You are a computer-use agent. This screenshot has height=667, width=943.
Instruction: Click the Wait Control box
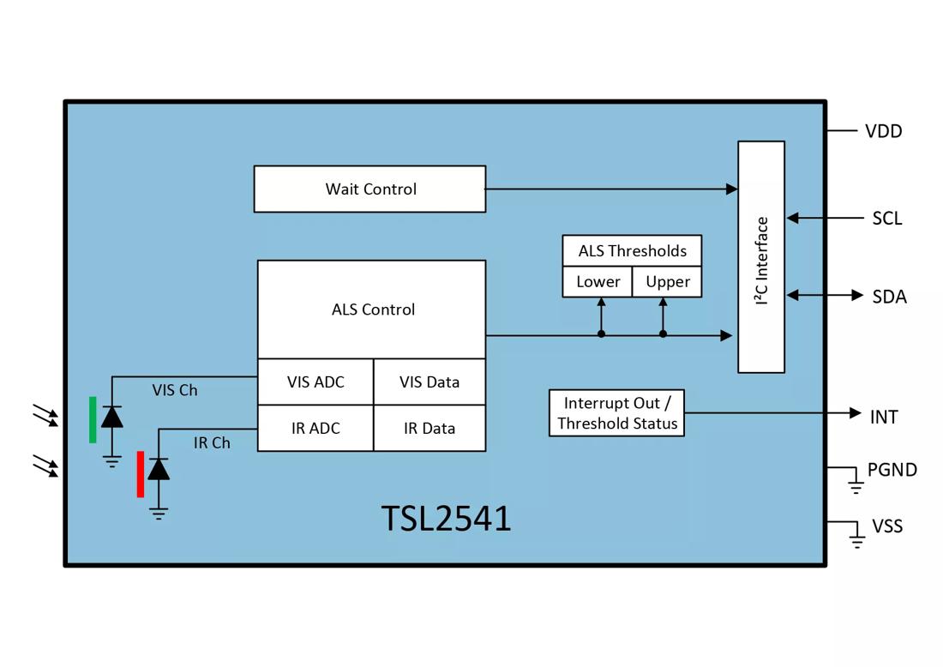point(369,189)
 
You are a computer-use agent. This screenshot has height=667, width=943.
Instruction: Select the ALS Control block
point(372,309)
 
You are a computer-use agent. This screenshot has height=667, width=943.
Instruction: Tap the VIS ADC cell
point(315,382)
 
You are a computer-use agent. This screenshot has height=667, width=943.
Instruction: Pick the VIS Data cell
point(429,382)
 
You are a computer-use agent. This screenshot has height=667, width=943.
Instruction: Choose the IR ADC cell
point(315,429)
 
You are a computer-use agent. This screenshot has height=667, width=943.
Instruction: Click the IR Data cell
point(429,429)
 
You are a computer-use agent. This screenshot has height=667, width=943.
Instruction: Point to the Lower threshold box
point(598,282)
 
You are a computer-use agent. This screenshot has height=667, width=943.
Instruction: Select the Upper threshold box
point(668,282)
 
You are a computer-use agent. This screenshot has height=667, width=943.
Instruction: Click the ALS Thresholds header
point(632,250)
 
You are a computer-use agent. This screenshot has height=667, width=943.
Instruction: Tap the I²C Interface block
point(761,257)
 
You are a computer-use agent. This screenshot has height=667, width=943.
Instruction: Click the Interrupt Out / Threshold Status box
point(616,413)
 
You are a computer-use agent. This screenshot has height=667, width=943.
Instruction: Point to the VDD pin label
point(883,131)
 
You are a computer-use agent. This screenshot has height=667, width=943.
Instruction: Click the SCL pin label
point(886,219)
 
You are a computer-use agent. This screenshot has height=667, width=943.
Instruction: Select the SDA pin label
point(889,297)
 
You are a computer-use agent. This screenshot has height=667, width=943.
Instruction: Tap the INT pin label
point(884,418)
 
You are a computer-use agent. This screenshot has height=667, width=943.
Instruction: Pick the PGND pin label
point(892,470)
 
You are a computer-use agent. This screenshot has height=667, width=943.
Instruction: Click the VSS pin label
point(887,526)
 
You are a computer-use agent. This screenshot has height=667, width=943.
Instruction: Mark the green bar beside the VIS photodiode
point(93,420)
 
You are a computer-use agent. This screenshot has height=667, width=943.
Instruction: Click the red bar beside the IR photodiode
point(141,474)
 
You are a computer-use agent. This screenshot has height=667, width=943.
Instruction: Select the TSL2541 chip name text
point(446,519)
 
